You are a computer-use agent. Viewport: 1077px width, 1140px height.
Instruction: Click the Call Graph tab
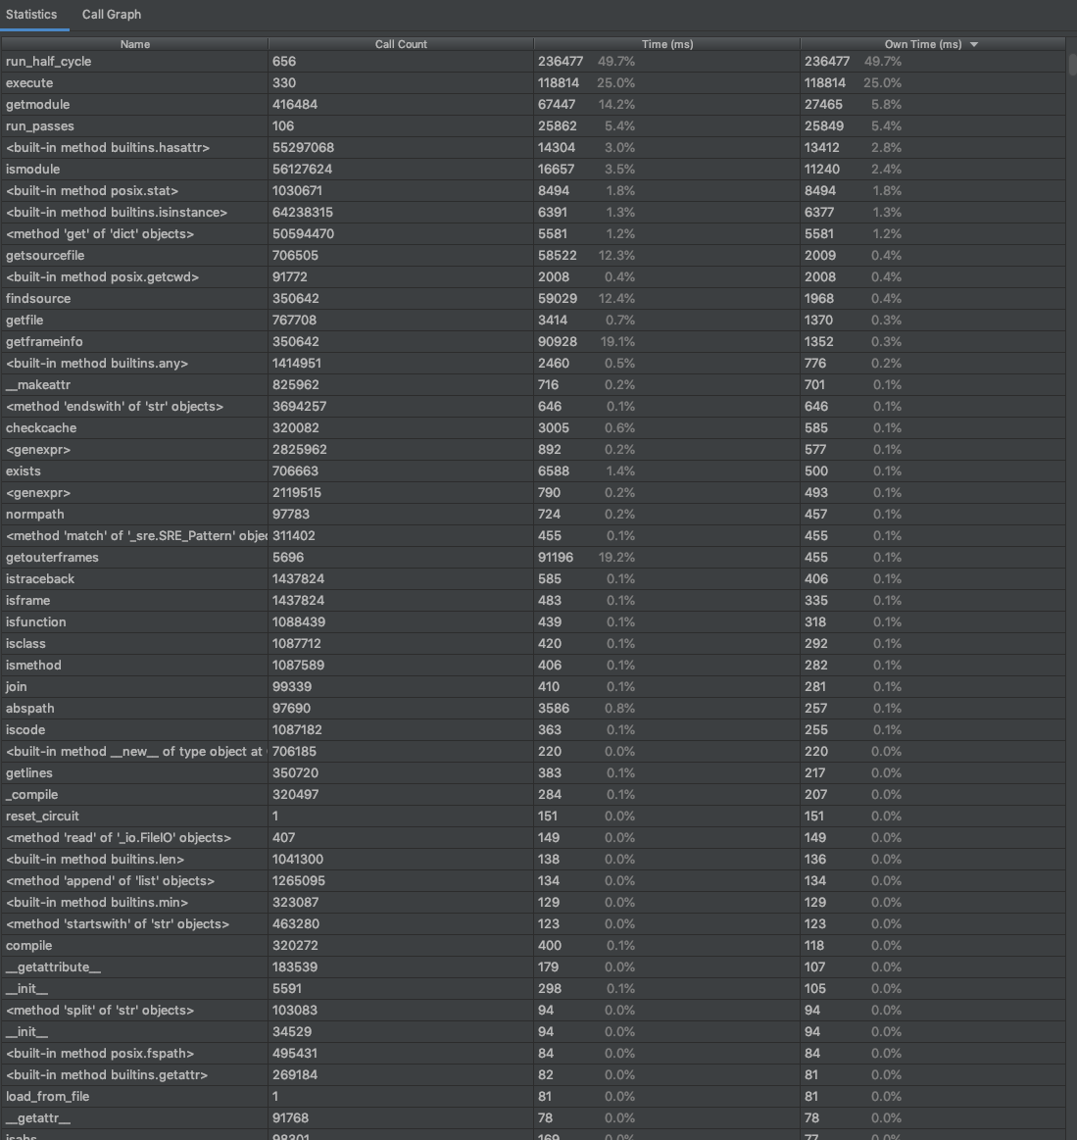pos(112,15)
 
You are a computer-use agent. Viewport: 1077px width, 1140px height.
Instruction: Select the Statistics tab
pos(31,15)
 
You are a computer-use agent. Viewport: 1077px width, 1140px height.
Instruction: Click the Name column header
pos(135,44)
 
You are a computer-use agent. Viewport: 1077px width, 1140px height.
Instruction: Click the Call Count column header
pos(401,44)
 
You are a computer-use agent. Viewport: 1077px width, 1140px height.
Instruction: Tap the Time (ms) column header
pos(667,44)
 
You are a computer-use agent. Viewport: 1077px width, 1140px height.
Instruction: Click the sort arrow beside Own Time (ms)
pos(973,45)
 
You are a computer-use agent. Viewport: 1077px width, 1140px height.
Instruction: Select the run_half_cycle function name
pos(49,62)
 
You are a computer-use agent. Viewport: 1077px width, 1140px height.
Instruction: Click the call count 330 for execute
pos(284,83)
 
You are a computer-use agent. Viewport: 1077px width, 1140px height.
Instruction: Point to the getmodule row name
pos(38,105)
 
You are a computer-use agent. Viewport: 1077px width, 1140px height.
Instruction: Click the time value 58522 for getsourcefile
pos(557,256)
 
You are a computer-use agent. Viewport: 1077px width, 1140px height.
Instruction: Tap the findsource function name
pos(38,299)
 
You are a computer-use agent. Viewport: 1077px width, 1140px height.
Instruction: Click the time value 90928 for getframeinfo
pos(557,342)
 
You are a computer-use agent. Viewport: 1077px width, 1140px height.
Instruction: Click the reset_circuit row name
pos(43,817)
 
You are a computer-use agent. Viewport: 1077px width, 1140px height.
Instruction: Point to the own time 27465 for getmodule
pos(823,105)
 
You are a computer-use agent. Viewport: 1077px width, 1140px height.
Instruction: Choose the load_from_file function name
pos(47,1097)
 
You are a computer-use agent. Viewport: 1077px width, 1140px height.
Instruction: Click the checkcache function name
pos(41,428)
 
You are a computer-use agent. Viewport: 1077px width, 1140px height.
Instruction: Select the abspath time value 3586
pos(553,709)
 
